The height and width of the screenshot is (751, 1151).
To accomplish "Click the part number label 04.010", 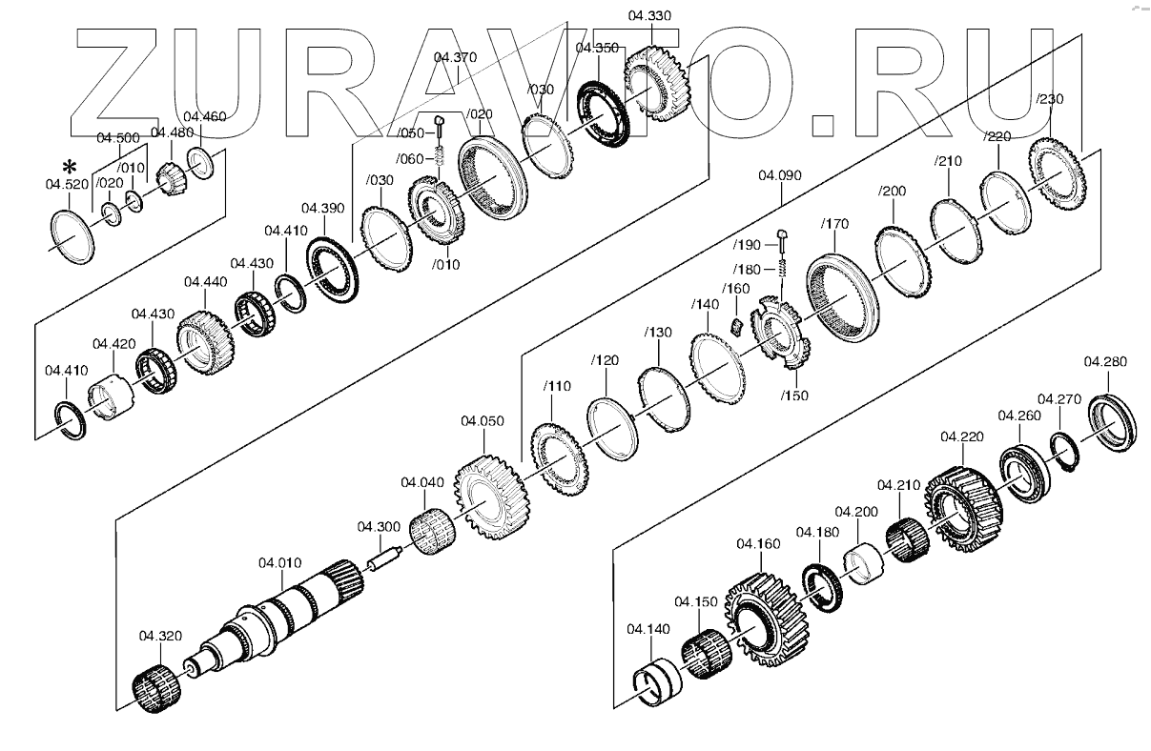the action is (x=280, y=563).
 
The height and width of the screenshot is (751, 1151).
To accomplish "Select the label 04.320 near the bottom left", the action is (x=160, y=636).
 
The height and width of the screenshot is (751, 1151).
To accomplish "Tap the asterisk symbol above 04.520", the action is (x=70, y=167).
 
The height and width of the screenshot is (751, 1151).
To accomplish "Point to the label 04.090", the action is (x=780, y=175).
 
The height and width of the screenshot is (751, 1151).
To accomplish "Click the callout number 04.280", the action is (x=1105, y=361).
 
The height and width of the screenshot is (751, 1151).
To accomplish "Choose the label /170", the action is (x=834, y=224).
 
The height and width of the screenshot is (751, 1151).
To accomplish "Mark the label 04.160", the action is (x=758, y=543).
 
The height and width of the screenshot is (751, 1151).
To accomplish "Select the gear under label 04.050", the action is (x=491, y=497).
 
